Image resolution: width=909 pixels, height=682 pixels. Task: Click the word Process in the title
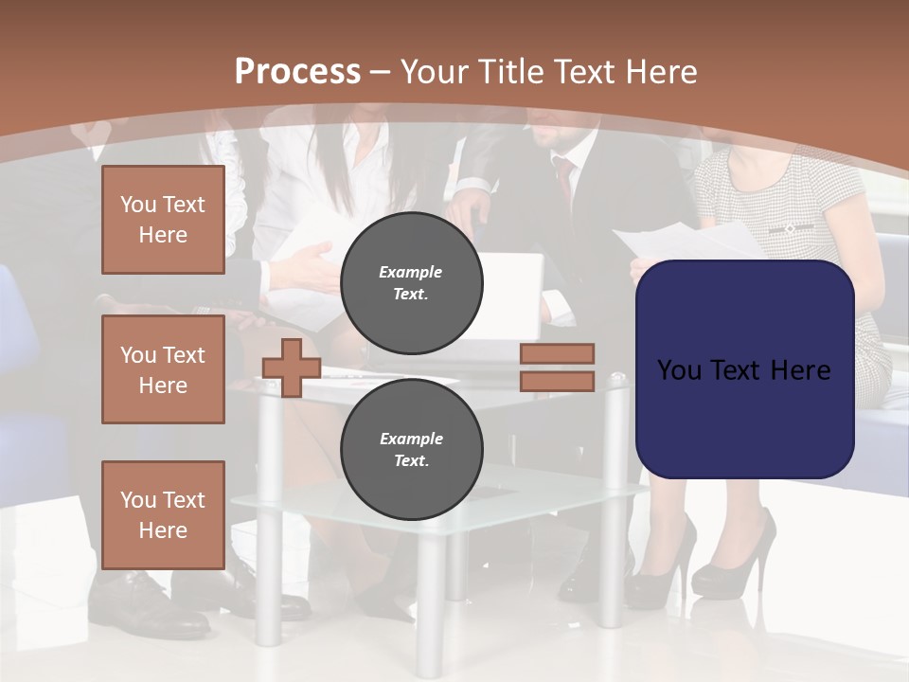[x=297, y=71]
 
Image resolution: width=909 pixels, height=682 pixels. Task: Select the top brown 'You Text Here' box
[x=163, y=220]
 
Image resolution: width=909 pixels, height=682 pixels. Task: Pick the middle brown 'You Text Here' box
[x=163, y=369]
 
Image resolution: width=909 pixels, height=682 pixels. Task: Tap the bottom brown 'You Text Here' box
[x=163, y=514]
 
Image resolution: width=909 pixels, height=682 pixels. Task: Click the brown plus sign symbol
[x=292, y=368]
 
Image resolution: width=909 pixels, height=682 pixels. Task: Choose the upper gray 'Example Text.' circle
[x=411, y=282]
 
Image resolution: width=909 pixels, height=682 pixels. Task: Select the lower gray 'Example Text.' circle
[x=411, y=449]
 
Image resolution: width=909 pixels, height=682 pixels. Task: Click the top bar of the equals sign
[x=558, y=353]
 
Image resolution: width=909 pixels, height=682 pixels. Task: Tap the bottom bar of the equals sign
[x=558, y=381]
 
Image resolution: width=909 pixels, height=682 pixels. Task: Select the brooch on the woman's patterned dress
[x=790, y=228]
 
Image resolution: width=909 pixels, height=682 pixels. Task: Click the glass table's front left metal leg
[x=270, y=530]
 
